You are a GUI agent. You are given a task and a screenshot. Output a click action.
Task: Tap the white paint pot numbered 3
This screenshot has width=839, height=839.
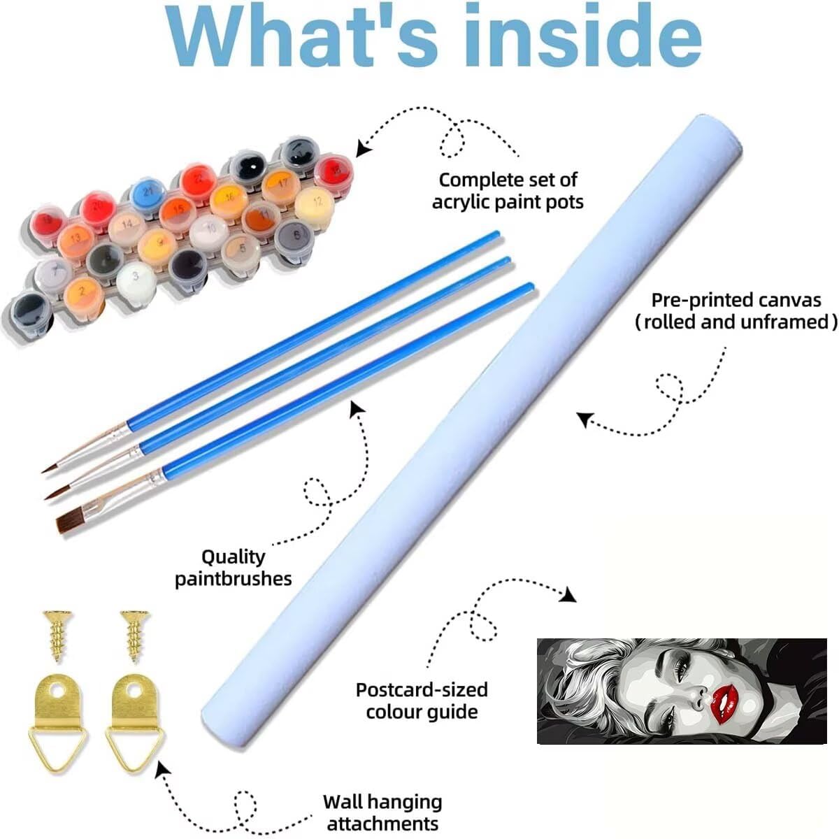click(x=136, y=278)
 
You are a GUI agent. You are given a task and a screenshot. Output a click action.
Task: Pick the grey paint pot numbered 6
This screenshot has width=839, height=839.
click(x=294, y=236)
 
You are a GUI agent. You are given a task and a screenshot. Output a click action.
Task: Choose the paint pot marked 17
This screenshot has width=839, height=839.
click(x=279, y=183)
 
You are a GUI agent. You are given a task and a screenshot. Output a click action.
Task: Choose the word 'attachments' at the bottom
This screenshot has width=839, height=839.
click(x=382, y=823)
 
